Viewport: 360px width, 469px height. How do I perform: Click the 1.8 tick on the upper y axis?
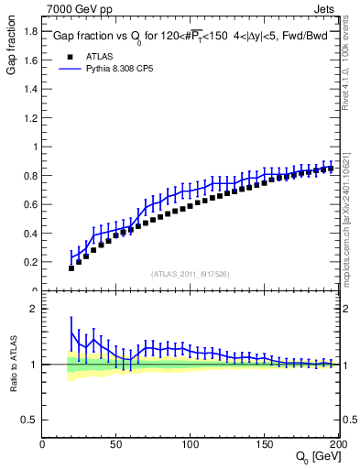tap(29, 31)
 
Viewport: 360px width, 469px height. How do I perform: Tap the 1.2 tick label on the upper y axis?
tap(29, 117)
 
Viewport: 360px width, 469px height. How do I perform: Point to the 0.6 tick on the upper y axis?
tap(29, 204)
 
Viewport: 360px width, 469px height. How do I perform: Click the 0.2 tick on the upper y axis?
tap(29, 262)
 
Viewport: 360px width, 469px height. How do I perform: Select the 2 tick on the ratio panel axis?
tap(33, 309)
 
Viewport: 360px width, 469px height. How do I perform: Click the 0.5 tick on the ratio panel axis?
tap(29, 420)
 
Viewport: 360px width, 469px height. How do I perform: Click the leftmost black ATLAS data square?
tap(71, 268)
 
